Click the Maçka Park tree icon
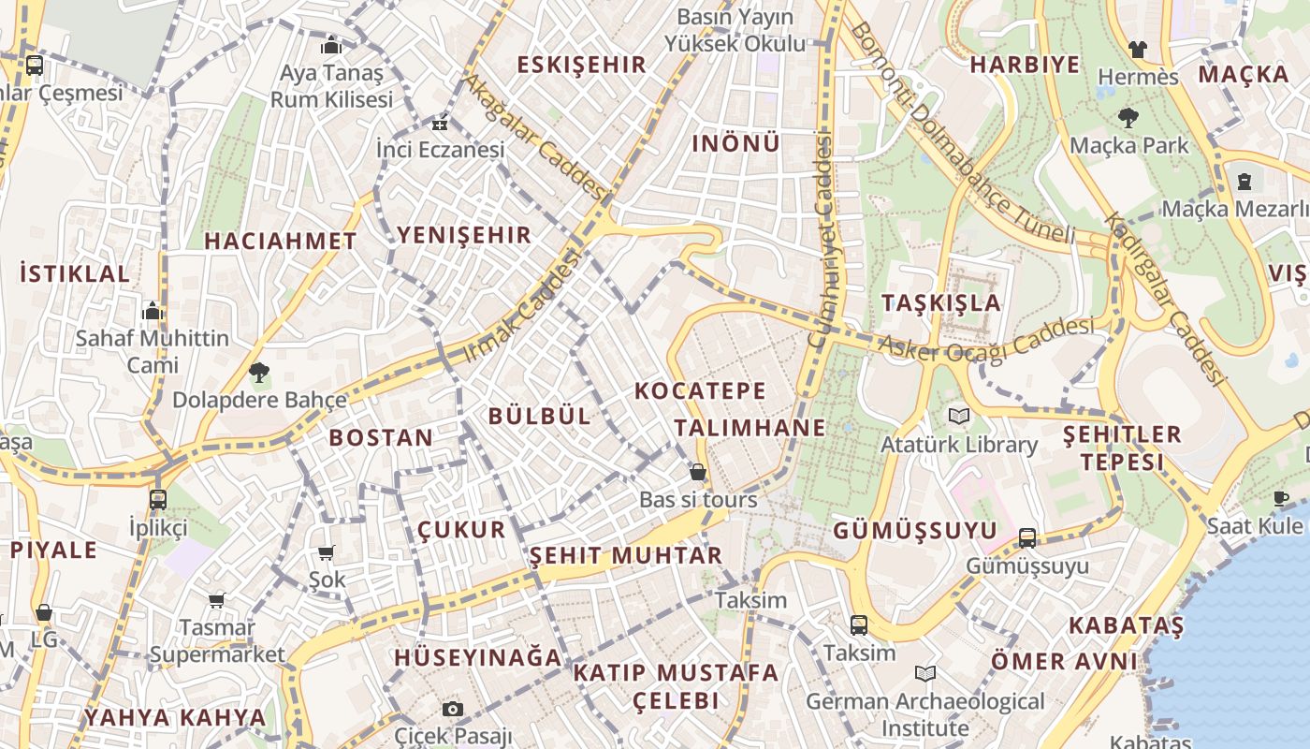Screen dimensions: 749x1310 (x=1128, y=117)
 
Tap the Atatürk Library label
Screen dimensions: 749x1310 (x=959, y=445)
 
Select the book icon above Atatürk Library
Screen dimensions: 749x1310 (x=959, y=417)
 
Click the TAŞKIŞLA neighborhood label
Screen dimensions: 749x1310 (x=941, y=302)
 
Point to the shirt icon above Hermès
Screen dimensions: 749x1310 (x=1137, y=49)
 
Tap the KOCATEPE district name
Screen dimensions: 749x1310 (x=700, y=390)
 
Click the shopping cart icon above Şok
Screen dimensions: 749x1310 (x=327, y=553)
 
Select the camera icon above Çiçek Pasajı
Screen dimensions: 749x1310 (x=453, y=709)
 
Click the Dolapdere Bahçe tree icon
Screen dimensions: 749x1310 (x=259, y=373)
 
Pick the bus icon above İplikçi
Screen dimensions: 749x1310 (x=158, y=499)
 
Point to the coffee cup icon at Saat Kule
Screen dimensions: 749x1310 (x=1281, y=498)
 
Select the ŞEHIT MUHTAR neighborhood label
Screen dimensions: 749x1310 (x=626, y=555)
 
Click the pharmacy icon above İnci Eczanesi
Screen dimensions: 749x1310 (x=440, y=124)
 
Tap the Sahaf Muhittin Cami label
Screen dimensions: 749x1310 (x=152, y=351)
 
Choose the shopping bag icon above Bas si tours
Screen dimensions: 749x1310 (x=697, y=472)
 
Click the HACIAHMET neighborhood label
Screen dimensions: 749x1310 (x=281, y=241)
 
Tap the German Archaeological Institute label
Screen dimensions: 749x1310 (x=924, y=714)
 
